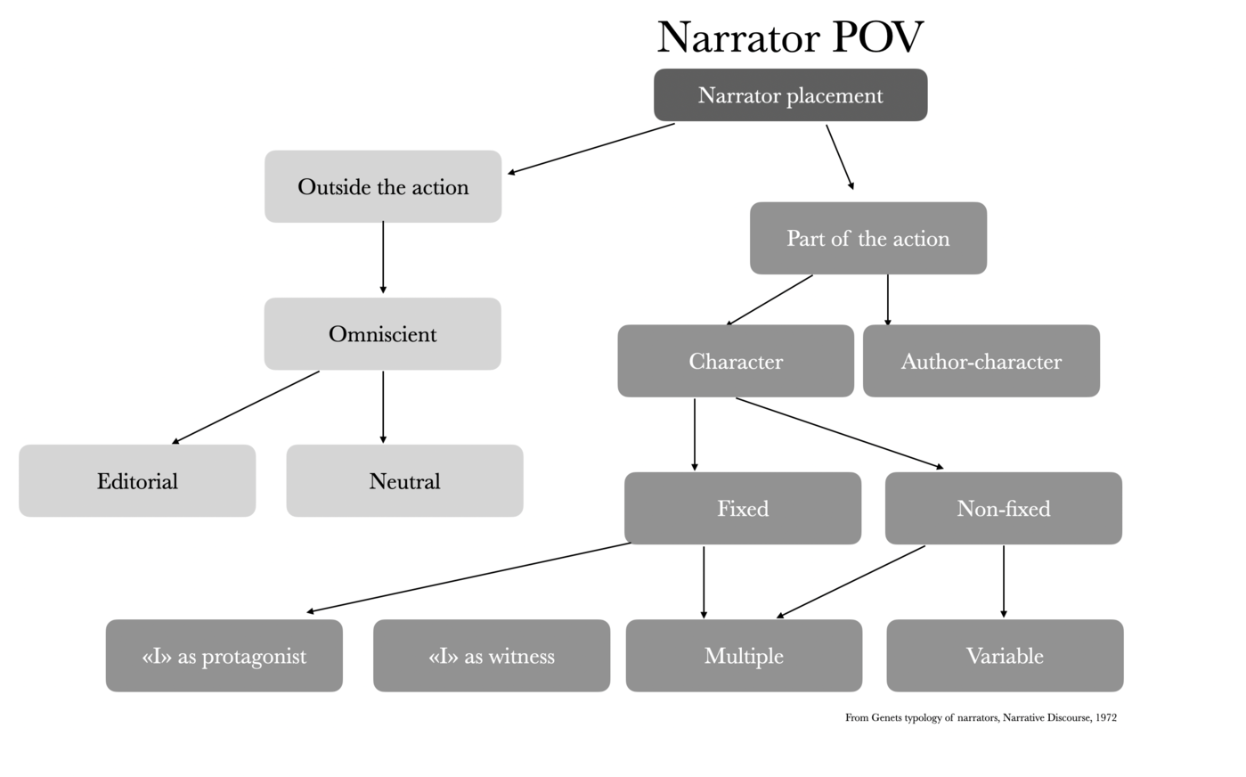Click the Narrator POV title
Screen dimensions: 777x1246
[790, 37]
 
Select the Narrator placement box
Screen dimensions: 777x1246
[790, 95]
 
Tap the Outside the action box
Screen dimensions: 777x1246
[383, 187]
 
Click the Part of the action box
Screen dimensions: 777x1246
[867, 239]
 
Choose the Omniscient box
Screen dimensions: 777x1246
[382, 334]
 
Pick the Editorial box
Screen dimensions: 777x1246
[137, 481]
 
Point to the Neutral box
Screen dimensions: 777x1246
[404, 481]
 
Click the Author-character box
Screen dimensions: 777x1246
[981, 361]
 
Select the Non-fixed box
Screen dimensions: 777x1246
[1003, 509]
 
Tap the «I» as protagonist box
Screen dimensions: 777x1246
[224, 656]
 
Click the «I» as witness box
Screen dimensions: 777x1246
[491, 656]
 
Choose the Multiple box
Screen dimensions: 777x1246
[744, 656]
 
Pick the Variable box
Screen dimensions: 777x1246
[1005, 656]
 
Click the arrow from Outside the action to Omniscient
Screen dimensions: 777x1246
[383, 258]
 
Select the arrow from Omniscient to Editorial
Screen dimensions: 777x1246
[246, 407]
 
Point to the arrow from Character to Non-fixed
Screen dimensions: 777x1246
[839, 433]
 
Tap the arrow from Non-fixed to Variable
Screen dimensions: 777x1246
[1004, 581]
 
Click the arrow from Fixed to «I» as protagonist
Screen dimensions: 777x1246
[468, 577]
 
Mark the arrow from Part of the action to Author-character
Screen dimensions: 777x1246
[887, 300]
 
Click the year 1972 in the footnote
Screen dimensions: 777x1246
[1106, 717]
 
